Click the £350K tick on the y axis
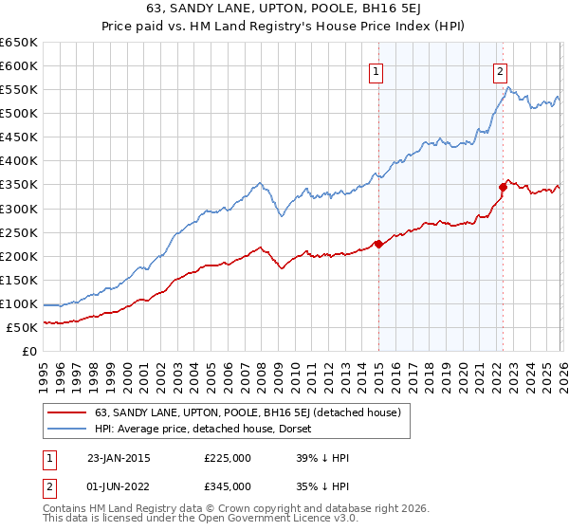pyautogui.click(x=19, y=185)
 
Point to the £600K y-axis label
pyautogui.click(x=19, y=65)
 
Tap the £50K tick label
pyautogui.click(x=22, y=327)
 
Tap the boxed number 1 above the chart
pyautogui.click(x=376, y=70)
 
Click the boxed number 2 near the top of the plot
pyautogui.click(x=500, y=70)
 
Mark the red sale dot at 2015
pyautogui.click(x=378, y=244)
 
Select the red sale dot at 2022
pyautogui.click(x=503, y=187)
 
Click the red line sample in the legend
pyautogui.click(x=66, y=412)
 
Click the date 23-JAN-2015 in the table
pyautogui.click(x=118, y=457)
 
